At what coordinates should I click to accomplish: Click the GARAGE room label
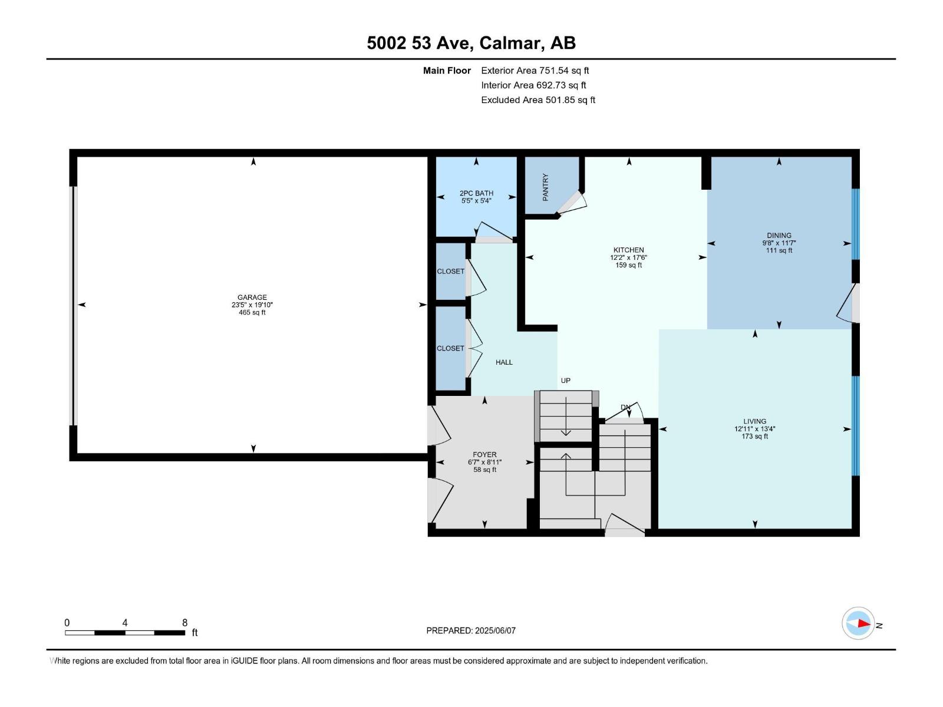point(252,298)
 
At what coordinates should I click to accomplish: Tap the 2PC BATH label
point(476,193)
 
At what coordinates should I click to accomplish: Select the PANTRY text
point(546,187)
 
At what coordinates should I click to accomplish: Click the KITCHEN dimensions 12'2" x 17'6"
point(628,257)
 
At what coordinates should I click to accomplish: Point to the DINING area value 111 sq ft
point(779,250)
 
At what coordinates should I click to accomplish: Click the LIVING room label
point(754,421)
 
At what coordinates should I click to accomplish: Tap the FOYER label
point(484,454)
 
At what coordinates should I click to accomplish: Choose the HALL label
point(504,362)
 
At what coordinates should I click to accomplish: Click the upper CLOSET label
point(450,272)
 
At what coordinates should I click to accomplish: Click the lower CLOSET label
point(450,348)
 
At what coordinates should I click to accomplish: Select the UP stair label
point(565,381)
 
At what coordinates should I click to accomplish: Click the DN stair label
point(625,407)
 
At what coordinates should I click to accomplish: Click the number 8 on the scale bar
point(184,623)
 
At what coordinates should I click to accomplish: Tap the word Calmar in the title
point(510,43)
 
